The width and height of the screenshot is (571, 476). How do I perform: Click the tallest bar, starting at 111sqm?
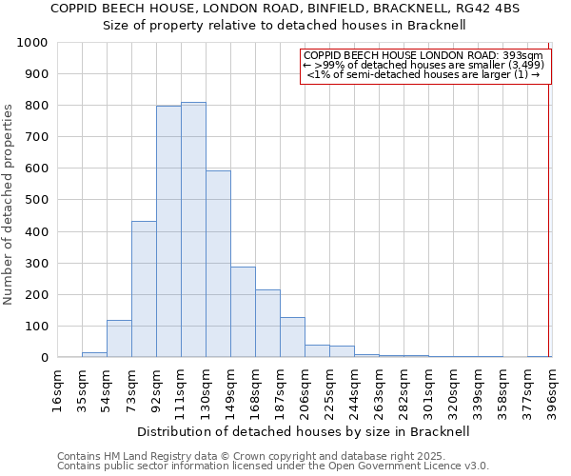[193, 229]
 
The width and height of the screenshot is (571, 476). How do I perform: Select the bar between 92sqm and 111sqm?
[168, 231]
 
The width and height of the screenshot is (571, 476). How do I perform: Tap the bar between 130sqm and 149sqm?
[218, 264]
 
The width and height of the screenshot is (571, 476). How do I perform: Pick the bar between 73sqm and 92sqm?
[144, 289]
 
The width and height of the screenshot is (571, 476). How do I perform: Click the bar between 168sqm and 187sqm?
[267, 324]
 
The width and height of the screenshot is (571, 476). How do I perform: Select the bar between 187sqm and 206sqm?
[292, 337]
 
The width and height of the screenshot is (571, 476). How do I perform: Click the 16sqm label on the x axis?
[57, 388]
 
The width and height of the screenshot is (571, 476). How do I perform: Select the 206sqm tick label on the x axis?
[305, 388]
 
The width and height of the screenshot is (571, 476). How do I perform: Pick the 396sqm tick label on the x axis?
[552, 388]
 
